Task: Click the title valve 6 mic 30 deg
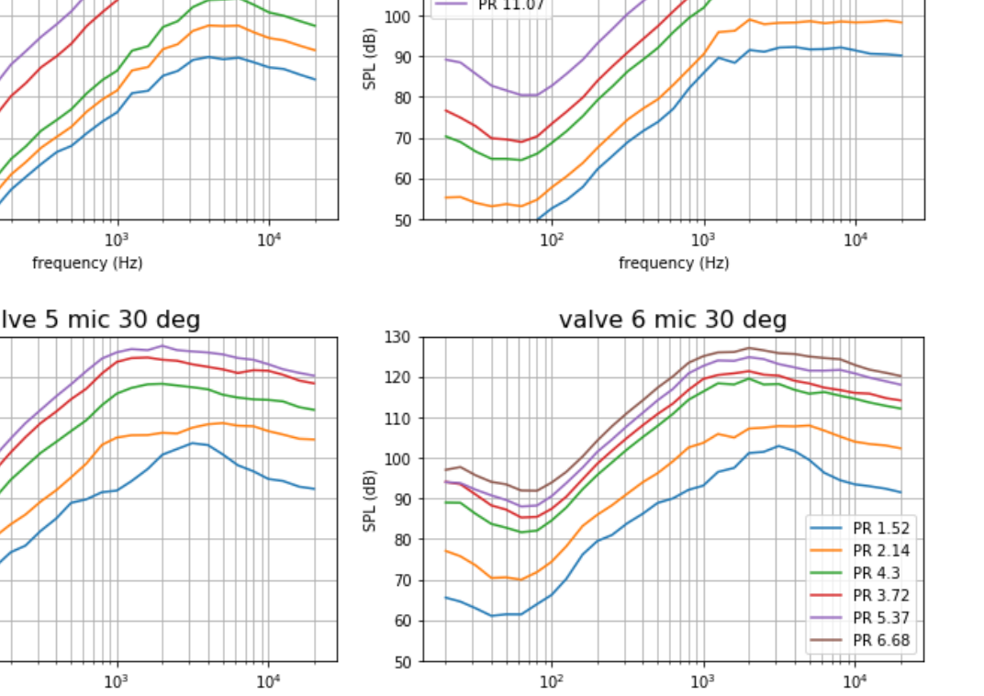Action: tap(672, 320)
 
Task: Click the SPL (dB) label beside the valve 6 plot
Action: tap(370, 499)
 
